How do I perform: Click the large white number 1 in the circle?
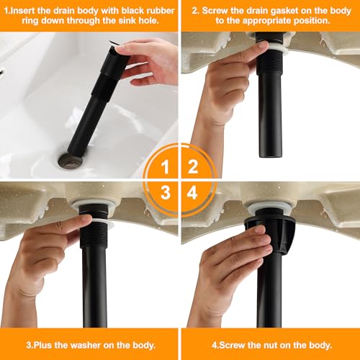(x=165, y=167)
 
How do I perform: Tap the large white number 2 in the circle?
(x=193, y=167)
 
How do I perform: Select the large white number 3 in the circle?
(x=166, y=192)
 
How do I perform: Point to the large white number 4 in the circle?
(x=192, y=192)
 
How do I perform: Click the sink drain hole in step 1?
(x=71, y=161)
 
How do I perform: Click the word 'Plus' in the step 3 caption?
(x=43, y=346)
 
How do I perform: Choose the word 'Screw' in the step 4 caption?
(x=232, y=346)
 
